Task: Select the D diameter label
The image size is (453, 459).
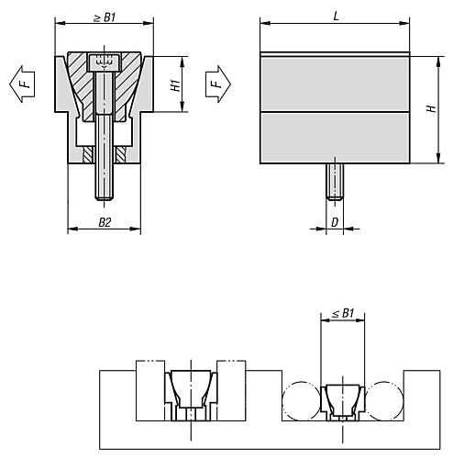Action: coord(336,221)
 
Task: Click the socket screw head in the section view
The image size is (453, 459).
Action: coord(104,63)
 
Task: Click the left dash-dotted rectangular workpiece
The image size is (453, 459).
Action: coord(149,390)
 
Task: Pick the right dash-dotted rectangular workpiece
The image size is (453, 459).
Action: coord(230,390)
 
